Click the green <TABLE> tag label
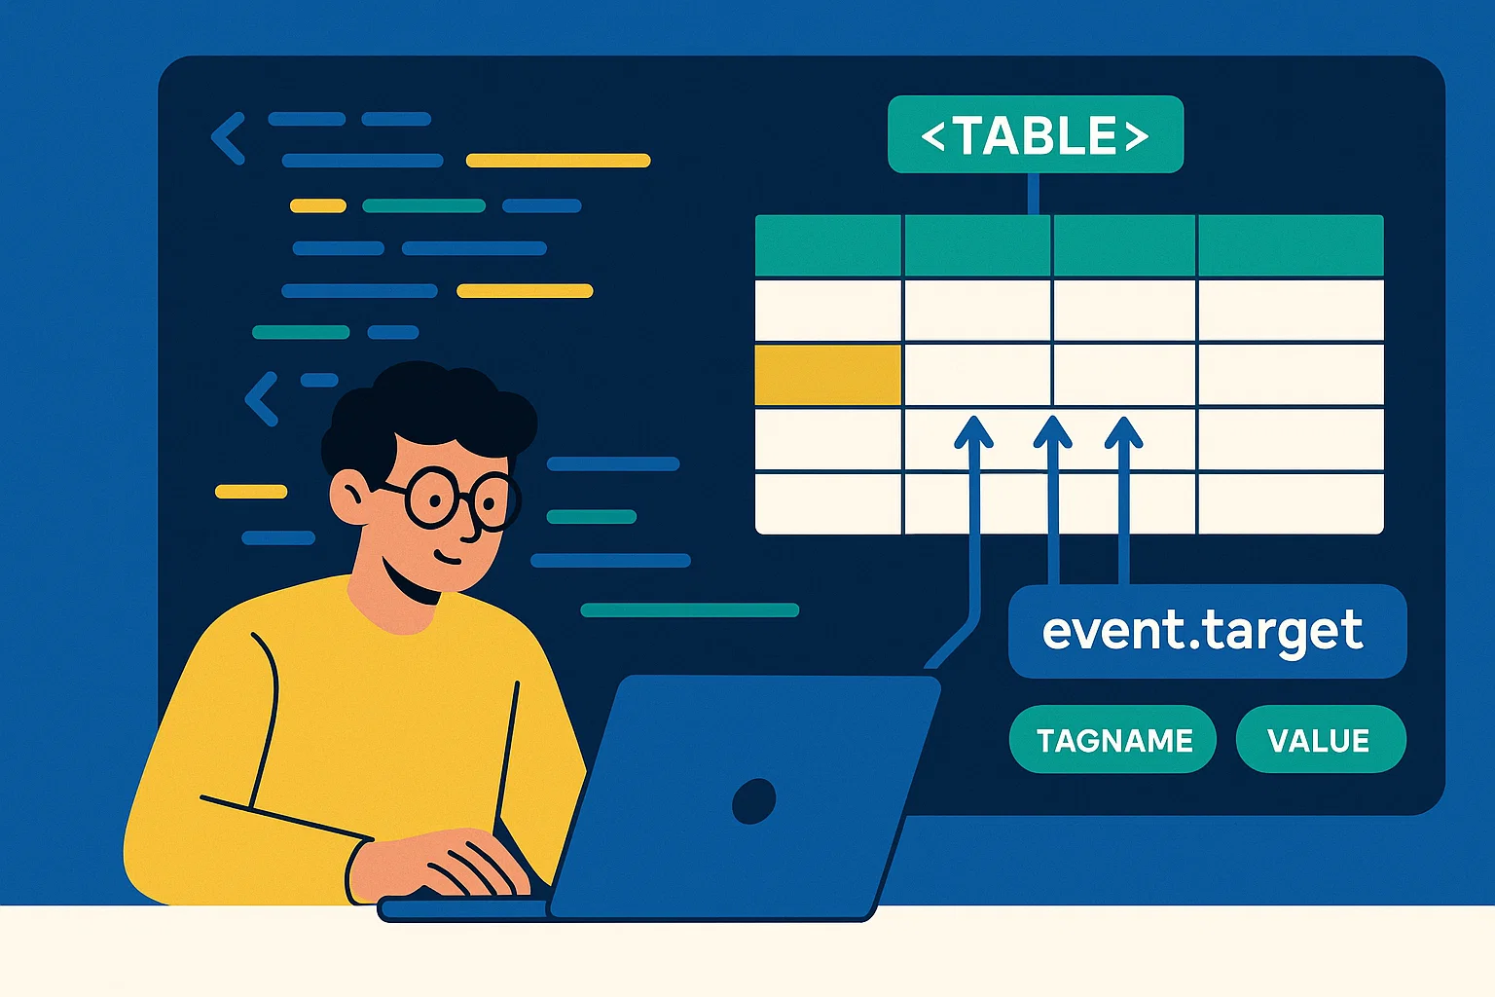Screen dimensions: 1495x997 (1036, 134)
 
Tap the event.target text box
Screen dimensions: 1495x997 (1207, 631)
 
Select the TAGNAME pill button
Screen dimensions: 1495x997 (1112, 739)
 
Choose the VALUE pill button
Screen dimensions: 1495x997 (1321, 739)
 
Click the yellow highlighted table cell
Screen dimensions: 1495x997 (827, 375)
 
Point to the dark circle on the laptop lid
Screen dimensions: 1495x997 (753, 800)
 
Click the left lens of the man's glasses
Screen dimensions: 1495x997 (432, 498)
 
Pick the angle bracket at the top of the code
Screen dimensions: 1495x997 (229, 138)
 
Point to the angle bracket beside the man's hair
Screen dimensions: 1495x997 (262, 398)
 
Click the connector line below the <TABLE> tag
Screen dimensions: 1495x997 (1033, 194)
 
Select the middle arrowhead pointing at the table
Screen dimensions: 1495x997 (1052, 431)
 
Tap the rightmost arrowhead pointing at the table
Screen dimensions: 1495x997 (1124, 431)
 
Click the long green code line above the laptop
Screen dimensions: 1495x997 (690, 609)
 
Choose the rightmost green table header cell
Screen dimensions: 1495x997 (1291, 245)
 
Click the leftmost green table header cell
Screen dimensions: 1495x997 (827, 245)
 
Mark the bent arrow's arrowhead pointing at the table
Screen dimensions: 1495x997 (973, 431)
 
